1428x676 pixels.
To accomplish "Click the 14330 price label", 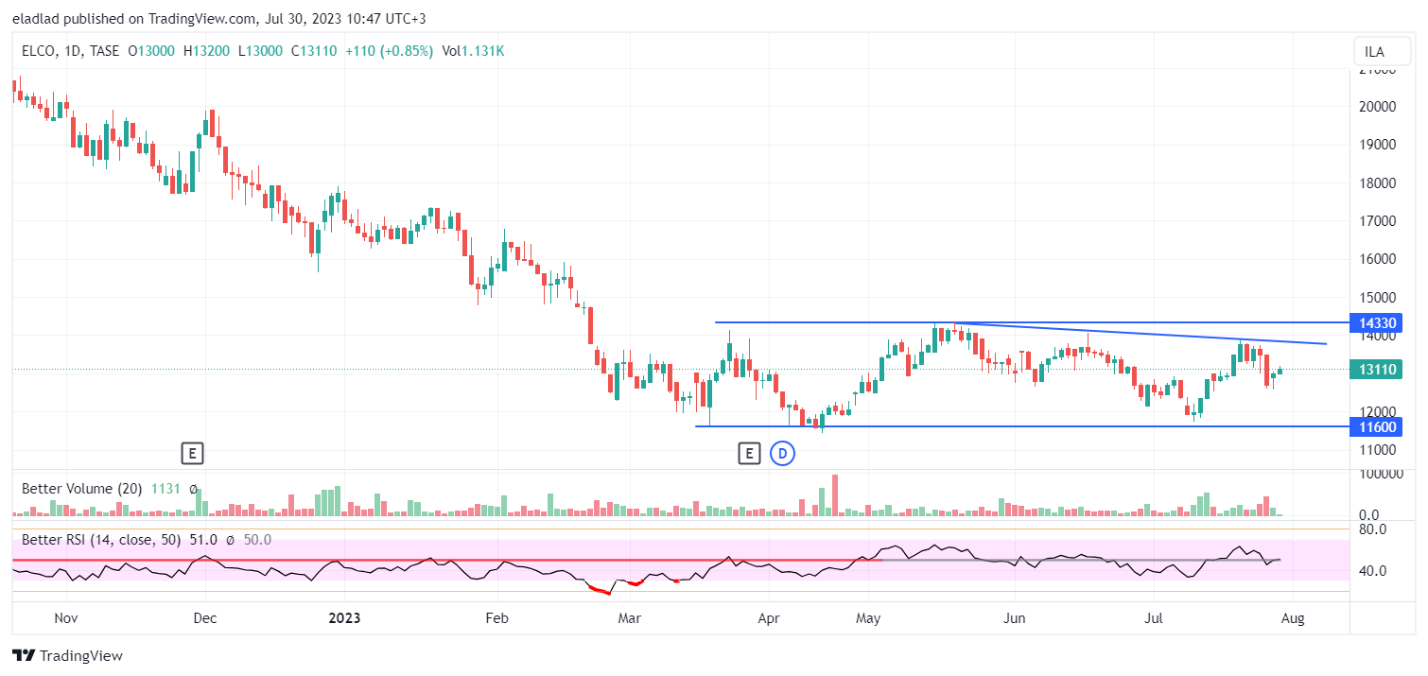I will point(1377,323).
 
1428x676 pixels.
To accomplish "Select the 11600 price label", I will point(1377,426).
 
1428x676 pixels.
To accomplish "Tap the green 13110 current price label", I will point(1377,370).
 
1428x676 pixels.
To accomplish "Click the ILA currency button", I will point(1374,52).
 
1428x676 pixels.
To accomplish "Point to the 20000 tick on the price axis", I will point(1377,107).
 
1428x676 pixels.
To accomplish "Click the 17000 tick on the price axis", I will point(1377,221).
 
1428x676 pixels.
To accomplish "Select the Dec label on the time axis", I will point(205,618).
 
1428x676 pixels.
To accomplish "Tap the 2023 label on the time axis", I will point(344,618).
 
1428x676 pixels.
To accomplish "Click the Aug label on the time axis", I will point(1293,618).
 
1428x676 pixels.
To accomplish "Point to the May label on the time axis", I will point(868,618).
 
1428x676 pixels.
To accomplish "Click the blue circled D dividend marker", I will point(782,455).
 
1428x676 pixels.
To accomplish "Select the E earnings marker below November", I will point(192,454).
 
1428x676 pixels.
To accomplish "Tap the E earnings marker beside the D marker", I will point(749,455).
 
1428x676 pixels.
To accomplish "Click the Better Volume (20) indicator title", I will point(81,489).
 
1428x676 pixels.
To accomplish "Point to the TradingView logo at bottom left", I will point(67,655).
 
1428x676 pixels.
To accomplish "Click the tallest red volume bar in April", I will point(835,494).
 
